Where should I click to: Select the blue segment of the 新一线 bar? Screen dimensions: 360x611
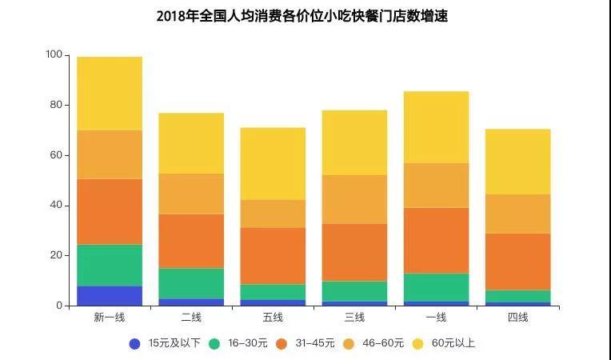point(110,296)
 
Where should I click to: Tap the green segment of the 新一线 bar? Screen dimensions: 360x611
point(110,265)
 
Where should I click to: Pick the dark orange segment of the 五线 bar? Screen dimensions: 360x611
point(273,256)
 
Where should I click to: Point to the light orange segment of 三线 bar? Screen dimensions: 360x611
point(354,199)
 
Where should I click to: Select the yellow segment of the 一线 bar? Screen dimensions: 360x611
point(436,127)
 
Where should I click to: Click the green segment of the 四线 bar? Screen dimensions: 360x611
point(517,296)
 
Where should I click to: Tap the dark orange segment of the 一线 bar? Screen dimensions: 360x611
point(436,240)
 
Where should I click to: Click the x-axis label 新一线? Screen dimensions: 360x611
point(110,318)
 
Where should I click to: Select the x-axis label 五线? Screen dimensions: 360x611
point(273,318)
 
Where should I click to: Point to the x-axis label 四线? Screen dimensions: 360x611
point(517,318)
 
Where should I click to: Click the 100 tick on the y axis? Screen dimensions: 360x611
point(54,55)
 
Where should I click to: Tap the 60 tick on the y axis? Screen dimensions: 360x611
point(56,155)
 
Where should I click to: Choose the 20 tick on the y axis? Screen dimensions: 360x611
point(56,255)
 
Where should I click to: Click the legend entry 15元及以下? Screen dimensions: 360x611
point(166,343)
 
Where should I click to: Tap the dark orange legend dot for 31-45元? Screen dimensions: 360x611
point(282,343)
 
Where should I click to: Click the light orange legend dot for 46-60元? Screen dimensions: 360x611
point(349,343)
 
